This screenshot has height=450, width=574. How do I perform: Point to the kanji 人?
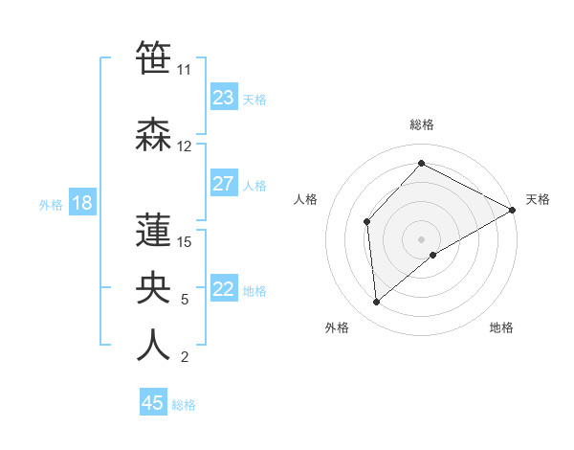pos(153,345)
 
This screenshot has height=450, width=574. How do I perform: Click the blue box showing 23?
pos(224,98)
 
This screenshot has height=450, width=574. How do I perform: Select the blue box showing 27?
pos(224,184)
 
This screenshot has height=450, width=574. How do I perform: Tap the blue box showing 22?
pos(224,289)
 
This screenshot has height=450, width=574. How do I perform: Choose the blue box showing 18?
pos(81,203)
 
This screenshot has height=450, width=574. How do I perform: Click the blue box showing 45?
pos(153,403)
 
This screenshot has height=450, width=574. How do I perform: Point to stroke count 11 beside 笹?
pos(184,70)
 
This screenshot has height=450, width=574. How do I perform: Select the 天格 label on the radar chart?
pos(538,199)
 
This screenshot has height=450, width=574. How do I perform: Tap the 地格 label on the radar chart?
pos(501,327)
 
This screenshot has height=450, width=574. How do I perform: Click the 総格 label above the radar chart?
pos(422,124)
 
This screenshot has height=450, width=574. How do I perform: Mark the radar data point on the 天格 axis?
pos(513,211)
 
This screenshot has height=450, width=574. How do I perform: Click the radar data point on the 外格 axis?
pos(377,302)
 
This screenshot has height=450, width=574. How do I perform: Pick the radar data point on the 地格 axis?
pos(433,255)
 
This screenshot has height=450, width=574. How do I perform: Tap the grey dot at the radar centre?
pos(421,238)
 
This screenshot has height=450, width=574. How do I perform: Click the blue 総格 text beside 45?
pos(184,405)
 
